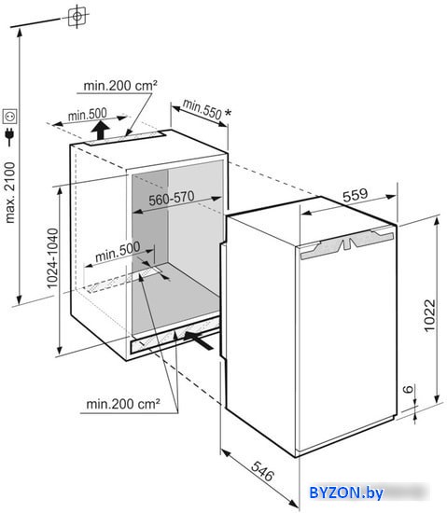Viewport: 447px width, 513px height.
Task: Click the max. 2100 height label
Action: tap(10, 193)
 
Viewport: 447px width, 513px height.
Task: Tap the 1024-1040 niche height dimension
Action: tap(52, 258)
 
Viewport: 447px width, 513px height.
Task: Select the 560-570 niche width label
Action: tap(172, 198)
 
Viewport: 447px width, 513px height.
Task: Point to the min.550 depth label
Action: tap(203, 109)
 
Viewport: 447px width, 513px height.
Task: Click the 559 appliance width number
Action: tap(355, 195)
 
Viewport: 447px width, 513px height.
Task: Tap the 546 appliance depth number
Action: tap(262, 471)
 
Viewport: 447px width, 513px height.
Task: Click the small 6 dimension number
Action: tap(408, 389)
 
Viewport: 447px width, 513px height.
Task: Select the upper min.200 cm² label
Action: tap(120, 86)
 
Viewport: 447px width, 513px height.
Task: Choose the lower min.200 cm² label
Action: tap(123, 405)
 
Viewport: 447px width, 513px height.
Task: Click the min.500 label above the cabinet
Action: tap(88, 115)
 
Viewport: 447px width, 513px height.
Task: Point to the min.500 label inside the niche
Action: tap(118, 252)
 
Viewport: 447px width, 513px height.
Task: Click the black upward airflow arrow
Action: tap(100, 131)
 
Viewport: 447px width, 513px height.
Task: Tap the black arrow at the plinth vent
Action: tap(199, 340)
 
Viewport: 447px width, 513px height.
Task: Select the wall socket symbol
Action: tap(9, 117)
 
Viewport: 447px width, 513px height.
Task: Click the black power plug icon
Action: tap(10, 137)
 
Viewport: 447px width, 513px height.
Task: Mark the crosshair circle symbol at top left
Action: tap(77, 16)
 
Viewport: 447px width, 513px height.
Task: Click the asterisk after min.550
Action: tap(228, 113)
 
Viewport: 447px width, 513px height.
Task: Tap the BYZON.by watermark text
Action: tap(346, 492)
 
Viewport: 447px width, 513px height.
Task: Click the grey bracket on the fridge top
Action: tap(347, 243)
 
